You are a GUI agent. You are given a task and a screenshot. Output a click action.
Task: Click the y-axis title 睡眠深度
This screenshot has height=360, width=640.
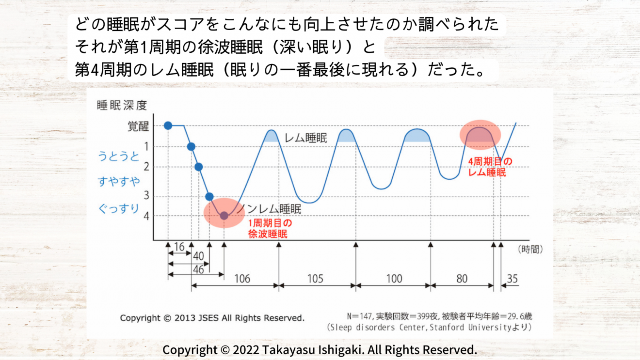(x=122, y=105)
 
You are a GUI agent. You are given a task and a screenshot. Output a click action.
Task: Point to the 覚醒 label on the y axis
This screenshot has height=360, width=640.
(x=138, y=126)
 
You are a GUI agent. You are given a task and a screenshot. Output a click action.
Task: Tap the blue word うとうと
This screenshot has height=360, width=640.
(x=119, y=157)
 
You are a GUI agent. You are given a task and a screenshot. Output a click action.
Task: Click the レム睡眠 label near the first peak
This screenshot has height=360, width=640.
(x=306, y=138)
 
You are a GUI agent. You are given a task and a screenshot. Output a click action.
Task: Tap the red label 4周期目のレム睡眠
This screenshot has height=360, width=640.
(x=490, y=167)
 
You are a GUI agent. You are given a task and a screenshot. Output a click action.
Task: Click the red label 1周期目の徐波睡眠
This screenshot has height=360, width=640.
(x=270, y=229)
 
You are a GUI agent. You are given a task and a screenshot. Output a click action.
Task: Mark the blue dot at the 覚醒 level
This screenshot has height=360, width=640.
(x=168, y=125)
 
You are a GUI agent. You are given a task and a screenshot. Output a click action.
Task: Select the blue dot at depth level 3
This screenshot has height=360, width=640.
(x=209, y=196)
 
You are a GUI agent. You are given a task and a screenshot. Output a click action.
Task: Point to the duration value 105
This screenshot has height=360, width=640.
(x=316, y=279)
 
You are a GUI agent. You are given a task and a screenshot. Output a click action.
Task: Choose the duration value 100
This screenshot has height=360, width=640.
(x=394, y=279)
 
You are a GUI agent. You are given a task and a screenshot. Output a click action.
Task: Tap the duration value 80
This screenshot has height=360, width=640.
(x=462, y=279)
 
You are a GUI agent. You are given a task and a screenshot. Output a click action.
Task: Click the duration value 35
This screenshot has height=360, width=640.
(x=512, y=279)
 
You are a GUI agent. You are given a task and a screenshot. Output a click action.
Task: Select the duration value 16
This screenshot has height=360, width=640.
(x=179, y=247)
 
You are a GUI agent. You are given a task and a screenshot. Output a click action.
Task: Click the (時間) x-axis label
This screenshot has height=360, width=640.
(x=530, y=250)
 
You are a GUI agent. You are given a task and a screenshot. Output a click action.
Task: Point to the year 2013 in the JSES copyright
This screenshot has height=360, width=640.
(x=184, y=318)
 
